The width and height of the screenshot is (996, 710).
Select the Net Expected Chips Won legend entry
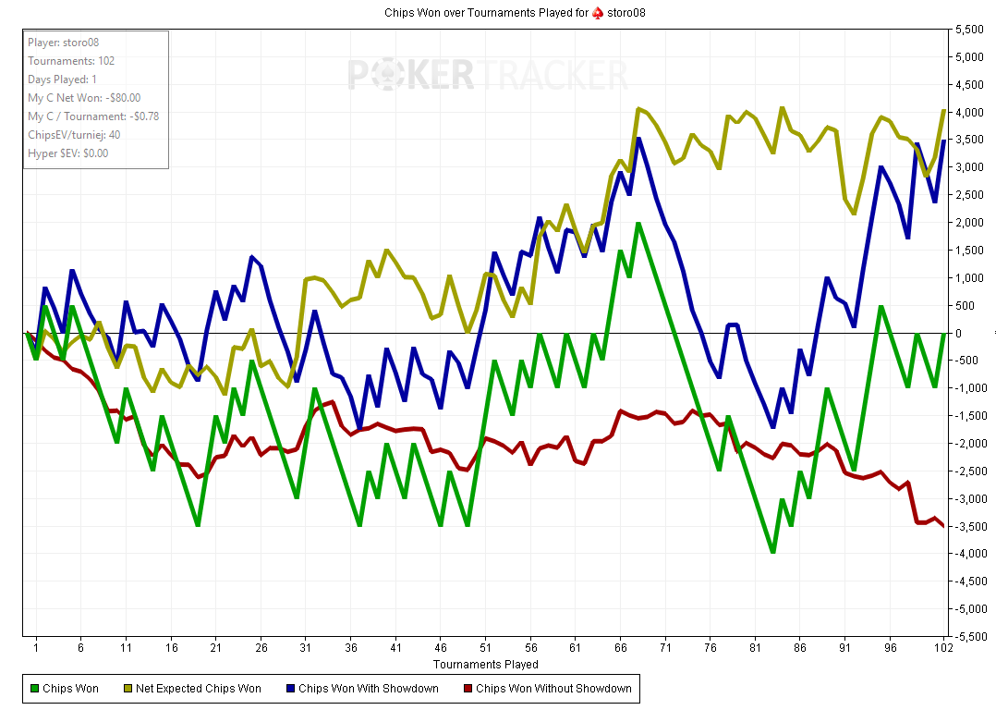click(198, 688)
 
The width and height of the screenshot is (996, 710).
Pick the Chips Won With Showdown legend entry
click(368, 688)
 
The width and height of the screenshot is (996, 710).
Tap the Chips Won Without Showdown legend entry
click(553, 688)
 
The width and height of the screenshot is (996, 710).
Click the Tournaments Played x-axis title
click(485, 664)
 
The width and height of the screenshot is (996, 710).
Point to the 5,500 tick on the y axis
click(968, 30)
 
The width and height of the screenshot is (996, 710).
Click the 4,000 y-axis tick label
click(968, 113)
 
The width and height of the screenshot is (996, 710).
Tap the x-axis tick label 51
click(485, 648)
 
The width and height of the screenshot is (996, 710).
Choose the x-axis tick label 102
click(943, 648)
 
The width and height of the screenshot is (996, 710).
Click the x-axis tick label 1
click(35, 648)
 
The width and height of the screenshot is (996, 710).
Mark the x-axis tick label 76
click(711, 648)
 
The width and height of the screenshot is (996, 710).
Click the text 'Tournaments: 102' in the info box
click(71, 61)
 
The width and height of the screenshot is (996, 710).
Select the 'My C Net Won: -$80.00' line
click(84, 98)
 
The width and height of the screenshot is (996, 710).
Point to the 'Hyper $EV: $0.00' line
click(67, 153)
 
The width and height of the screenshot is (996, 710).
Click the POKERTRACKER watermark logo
click(488, 74)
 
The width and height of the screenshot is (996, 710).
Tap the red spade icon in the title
click(598, 13)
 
